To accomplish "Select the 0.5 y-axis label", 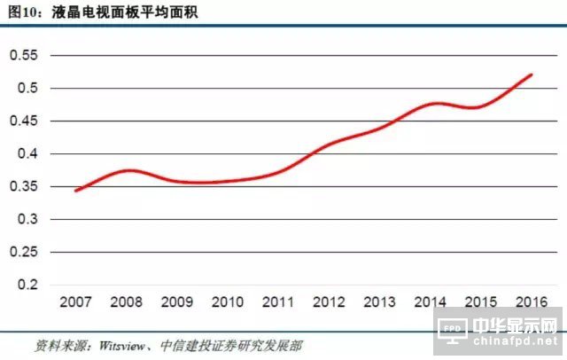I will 28,89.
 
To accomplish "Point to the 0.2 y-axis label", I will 28,285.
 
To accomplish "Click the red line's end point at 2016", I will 532,74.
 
